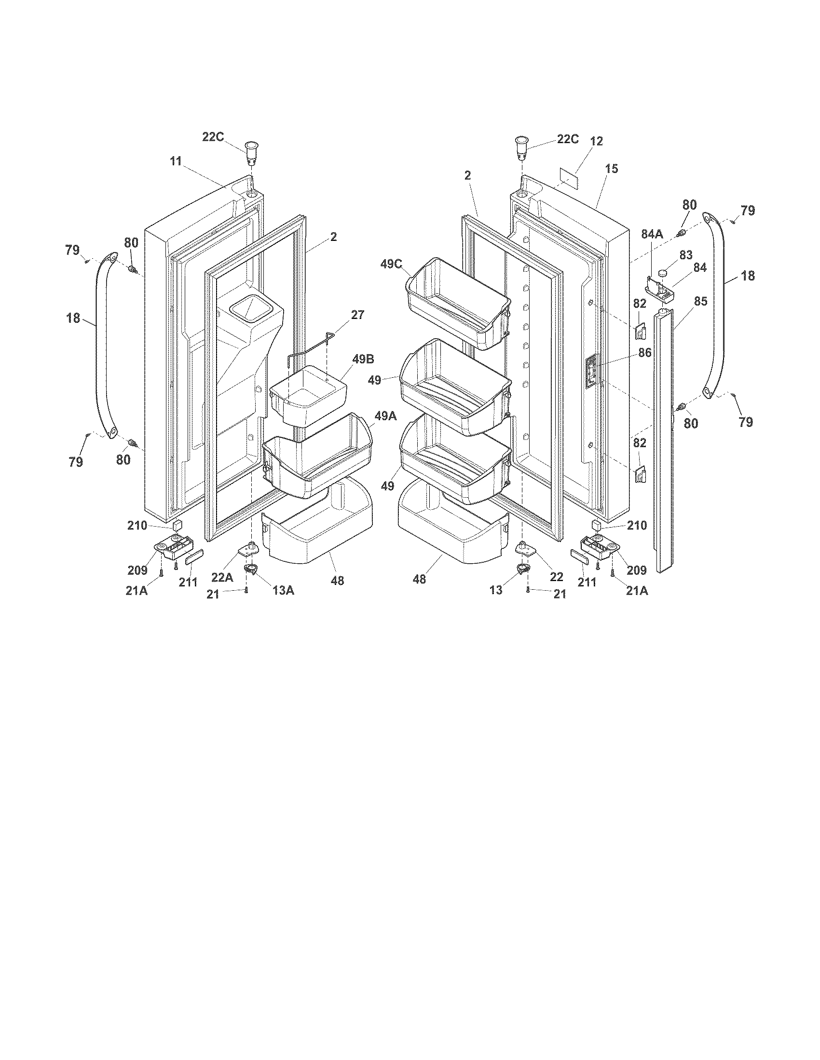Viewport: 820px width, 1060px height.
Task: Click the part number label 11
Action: click(176, 161)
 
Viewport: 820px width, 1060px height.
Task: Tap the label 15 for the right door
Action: click(612, 169)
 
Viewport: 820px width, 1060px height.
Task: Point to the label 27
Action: click(357, 315)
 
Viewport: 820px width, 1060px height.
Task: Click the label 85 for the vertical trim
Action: click(700, 301)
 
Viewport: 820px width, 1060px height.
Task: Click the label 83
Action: click(686, 254)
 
